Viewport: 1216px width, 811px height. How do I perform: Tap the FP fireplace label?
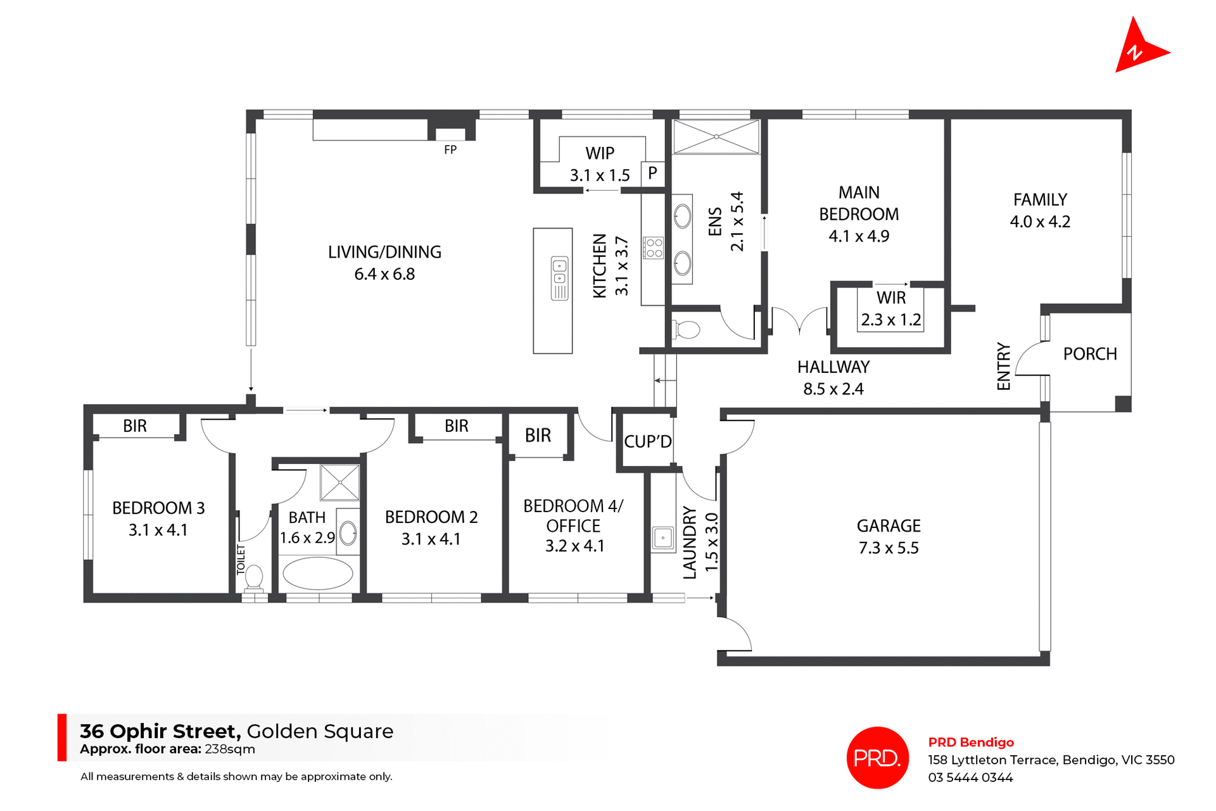[450, 150]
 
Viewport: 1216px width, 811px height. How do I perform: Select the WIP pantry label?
[600, 153]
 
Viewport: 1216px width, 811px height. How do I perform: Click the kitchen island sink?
[559, 272]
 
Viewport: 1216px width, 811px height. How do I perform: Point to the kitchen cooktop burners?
[654, 248]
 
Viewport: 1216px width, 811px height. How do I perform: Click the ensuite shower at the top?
[716, 137]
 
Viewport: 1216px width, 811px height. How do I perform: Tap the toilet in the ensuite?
[687, 330]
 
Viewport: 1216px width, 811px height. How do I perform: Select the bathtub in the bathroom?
[317, 574]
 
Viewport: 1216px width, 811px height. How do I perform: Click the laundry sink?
[662, 538]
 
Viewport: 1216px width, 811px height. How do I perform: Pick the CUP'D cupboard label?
[647, 441]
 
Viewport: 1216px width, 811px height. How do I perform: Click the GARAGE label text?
[889, 526]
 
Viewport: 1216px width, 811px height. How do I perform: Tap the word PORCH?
[1089, 354]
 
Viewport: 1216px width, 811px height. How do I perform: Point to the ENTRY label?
[1004, 367]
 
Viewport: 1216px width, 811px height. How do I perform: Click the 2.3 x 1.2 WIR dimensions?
[890, 320]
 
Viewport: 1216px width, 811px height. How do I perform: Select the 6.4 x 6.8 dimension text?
[384, 274]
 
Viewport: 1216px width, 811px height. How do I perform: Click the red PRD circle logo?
[877, 758]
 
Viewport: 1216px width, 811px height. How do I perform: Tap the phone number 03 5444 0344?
[970, 777]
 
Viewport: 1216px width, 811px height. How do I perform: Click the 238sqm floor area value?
[230, 749]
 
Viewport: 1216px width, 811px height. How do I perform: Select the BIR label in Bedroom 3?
[135, 426]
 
